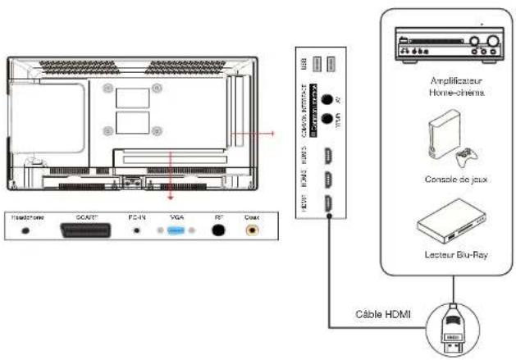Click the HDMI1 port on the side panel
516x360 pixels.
tap(327, 206)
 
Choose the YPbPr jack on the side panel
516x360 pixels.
tap(327, 119)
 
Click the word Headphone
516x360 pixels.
tap(25, 217)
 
